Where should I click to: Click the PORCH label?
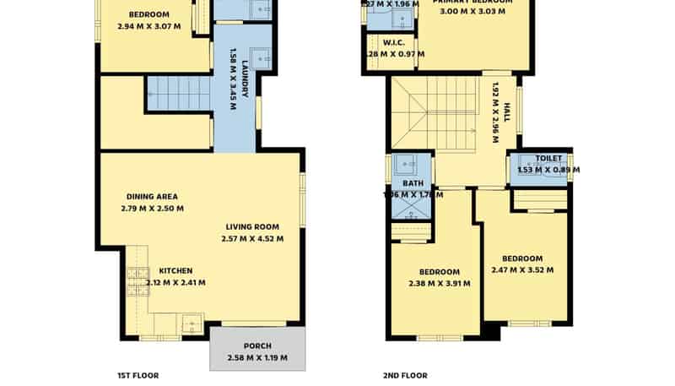pos(257,345)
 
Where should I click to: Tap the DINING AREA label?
pos(152,196)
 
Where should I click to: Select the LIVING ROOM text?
pos(252,226)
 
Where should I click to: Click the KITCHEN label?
pos(175,271)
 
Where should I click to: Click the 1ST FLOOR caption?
pos(138,375)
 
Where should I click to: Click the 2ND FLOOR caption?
pos(405,375)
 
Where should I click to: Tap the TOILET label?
pos(548,158)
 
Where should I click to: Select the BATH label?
pos(413,183)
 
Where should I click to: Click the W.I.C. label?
pos(393,41)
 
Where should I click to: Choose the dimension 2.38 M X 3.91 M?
pos(440,284)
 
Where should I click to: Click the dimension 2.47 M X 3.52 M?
pos(522,270)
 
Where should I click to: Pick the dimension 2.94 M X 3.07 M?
pos(148,27)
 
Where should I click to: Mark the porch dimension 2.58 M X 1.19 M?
pos(257,358)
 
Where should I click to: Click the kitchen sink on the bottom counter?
pos(192,323)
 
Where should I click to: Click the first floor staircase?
pos(178,93)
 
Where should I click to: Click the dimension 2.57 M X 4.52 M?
pos(252,238)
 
